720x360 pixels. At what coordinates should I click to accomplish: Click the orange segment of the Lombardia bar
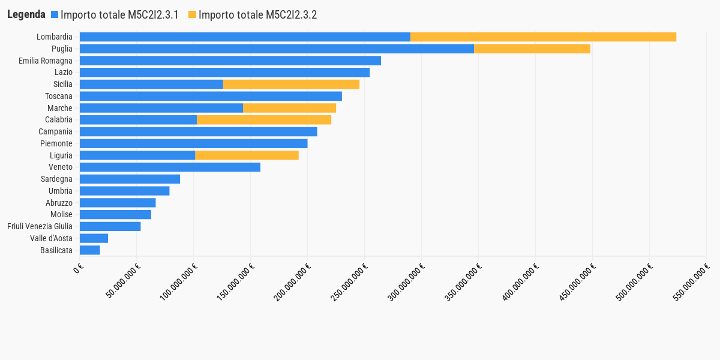tap(543, 37)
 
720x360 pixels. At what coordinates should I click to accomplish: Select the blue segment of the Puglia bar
tap(277, 49)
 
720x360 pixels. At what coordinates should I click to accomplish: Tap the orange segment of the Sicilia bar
tap(291, 84)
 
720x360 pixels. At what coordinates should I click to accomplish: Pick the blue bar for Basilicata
tap(89, 250)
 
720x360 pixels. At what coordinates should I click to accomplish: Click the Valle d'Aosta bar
tap(94, 238)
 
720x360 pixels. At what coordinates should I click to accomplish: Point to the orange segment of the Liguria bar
tap(247, 155)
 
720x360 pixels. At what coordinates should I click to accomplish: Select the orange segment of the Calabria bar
tap(264, 120)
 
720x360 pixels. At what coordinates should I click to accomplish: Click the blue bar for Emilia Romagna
tap(230, 61)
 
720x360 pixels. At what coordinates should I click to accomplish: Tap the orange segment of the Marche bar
tap(289, 108)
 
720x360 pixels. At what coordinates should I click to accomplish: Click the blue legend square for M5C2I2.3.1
tap(55, 14)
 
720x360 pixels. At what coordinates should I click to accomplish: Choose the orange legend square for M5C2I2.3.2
tap(192, 14)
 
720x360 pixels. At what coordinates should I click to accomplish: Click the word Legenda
tap(26, 14)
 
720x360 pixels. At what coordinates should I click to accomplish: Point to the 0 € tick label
tap(78, 268)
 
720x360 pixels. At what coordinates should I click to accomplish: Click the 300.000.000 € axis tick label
tap(406, 282)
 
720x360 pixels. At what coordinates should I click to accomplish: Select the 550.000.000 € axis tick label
tap(691, 282)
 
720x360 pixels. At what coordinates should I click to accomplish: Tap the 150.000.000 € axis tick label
tap(235, 282)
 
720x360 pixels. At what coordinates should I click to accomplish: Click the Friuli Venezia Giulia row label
tap(40, 226)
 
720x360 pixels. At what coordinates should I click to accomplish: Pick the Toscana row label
tap(59, 96)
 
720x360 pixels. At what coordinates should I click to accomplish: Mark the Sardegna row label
tap(56, 179)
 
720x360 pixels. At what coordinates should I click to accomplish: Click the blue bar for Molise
tap(115, 214)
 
